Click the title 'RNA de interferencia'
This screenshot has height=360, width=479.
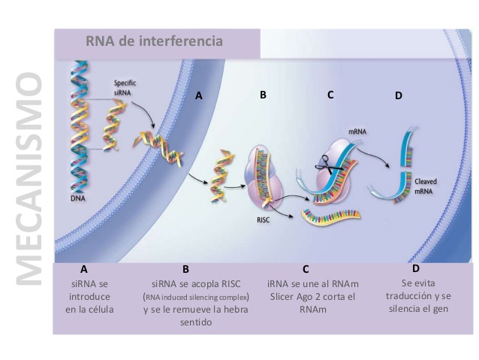coord(154,41)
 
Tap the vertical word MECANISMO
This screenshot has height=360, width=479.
coord(29,180)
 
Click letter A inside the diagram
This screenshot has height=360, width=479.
coord(198,96)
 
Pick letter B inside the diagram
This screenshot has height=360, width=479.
coord(263,95)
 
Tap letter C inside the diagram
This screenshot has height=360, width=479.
coord(330,95)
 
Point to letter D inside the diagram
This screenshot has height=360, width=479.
coord(398,96)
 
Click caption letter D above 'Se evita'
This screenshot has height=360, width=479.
coord(415,268)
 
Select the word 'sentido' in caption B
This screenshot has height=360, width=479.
coord(185,321)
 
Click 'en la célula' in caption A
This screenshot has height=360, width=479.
coord(88,309)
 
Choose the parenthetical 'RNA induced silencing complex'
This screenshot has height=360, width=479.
coord(185,297)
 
